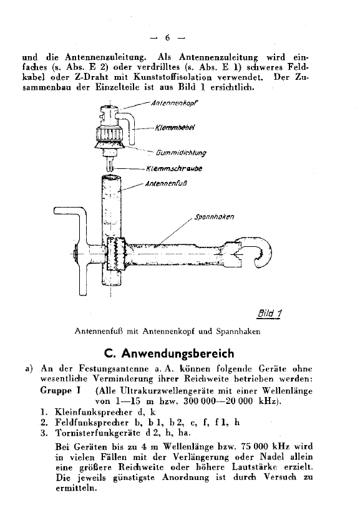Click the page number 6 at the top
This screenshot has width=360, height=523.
177,36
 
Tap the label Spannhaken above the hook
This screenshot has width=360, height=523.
214,217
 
